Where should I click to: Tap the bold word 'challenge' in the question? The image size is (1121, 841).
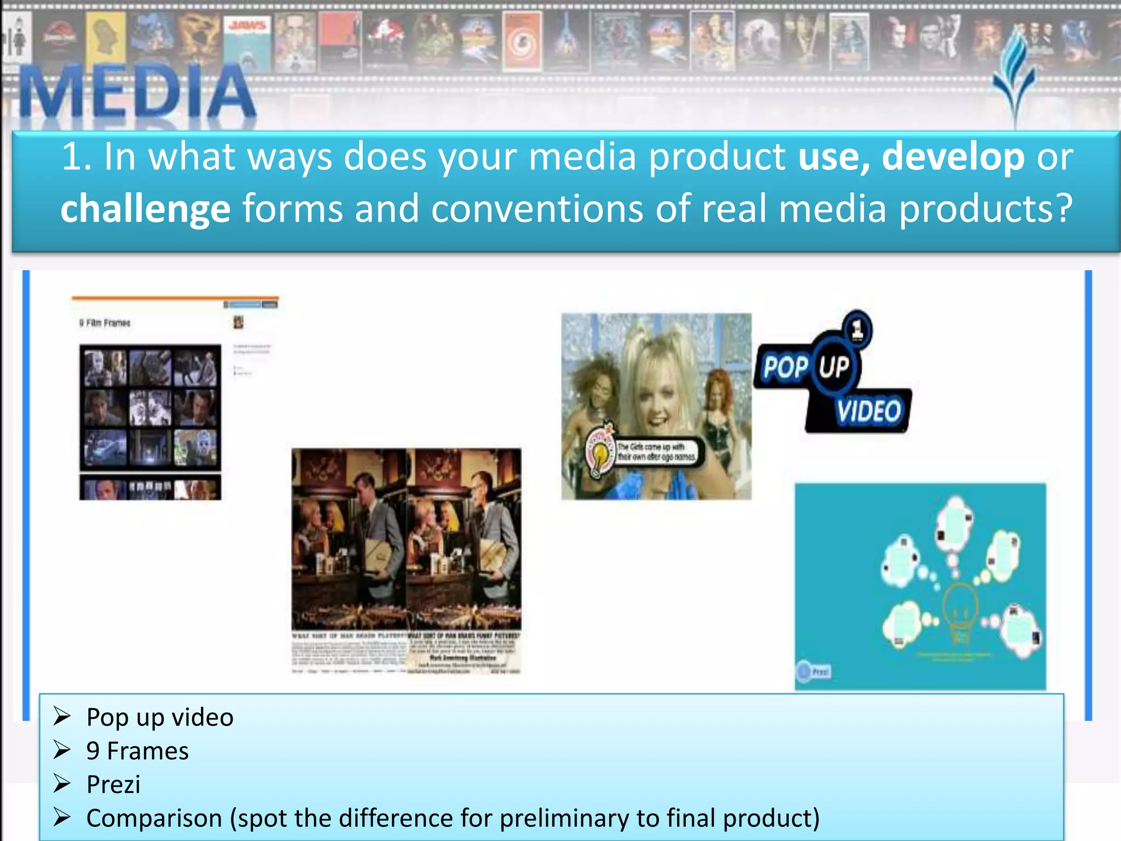(x=146, y=209)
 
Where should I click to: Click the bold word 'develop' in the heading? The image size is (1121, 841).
(x=952, y=157)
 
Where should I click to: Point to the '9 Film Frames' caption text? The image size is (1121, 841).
(x=105, y=323)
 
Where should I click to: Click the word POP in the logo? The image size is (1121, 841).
(x=785, y=367)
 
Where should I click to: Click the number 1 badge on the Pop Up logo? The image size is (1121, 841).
(x=857, y=329)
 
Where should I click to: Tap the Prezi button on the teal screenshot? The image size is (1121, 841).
(x=814, y=671)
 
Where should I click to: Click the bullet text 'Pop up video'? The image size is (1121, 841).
(x=160, y=717)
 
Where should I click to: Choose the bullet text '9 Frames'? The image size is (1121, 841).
(x=137, y=751)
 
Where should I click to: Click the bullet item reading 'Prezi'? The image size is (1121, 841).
(x=113, y=785)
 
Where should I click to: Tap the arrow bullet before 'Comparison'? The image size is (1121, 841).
(x=62, y=817)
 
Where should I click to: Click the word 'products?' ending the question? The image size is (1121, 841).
(x=985, y=209)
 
